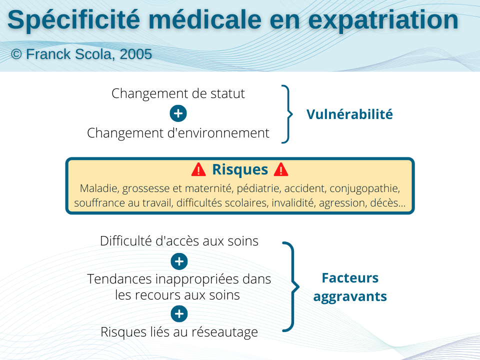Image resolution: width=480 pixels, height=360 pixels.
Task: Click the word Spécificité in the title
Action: [x=74, y=20]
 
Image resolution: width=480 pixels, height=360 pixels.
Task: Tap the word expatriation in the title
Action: [x=383, y=20]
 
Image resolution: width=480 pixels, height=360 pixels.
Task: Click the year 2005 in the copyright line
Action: [x=135, y=54]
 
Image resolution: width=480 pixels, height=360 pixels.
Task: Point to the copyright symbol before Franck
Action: [x=16, y=54]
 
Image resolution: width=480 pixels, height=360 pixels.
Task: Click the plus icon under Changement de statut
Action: [x=178, y=113]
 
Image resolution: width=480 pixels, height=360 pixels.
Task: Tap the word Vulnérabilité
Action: [x=349, y=114]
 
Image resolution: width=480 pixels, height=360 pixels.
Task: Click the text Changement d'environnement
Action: [x=178, y=133]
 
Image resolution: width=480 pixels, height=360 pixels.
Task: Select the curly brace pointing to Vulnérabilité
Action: [x=287, y=114]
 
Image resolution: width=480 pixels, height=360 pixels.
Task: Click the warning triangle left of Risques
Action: [x=198, y=169]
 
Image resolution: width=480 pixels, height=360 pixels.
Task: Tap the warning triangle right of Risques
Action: [x=281, y=169]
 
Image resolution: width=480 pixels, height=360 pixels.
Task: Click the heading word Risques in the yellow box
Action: [x=240, y=169]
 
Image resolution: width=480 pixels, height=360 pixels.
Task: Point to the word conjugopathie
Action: [x=364, y=188]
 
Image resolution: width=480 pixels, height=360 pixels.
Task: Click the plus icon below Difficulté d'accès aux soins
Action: [x=179, y=261]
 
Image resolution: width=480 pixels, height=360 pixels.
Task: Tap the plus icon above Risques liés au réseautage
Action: [x=179, y=314]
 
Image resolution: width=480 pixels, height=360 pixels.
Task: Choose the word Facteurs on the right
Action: [x=350, y=278]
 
